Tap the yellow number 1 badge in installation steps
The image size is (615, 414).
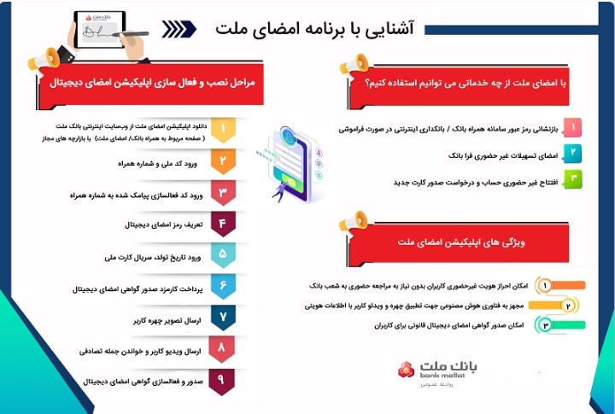(x=222, y=131)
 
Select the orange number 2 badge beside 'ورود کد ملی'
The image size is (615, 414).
(x=222, y=162)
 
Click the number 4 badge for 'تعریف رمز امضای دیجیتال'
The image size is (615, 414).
(x=222, y=225)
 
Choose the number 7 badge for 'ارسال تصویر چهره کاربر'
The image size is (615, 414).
(x=222, y=318)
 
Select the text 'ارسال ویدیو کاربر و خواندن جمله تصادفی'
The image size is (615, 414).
(x=140, y=351)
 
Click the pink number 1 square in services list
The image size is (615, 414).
(x=576, y=127)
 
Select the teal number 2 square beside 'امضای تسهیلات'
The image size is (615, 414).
(x=576, y=154)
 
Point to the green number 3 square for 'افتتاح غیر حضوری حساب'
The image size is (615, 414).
(x=576, y=179)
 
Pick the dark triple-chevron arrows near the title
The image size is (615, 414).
(x=178, y=30)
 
